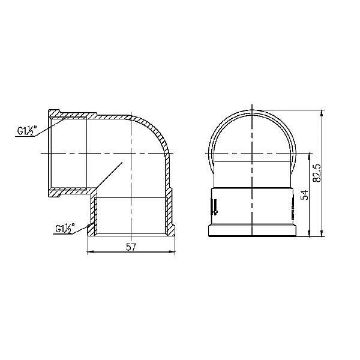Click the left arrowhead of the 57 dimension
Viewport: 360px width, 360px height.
coord(90,253)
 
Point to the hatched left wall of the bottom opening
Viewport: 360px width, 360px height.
coord(92,213)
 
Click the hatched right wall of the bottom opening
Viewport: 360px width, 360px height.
coord(170,213)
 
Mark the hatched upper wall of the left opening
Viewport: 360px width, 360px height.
coord(72,115)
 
